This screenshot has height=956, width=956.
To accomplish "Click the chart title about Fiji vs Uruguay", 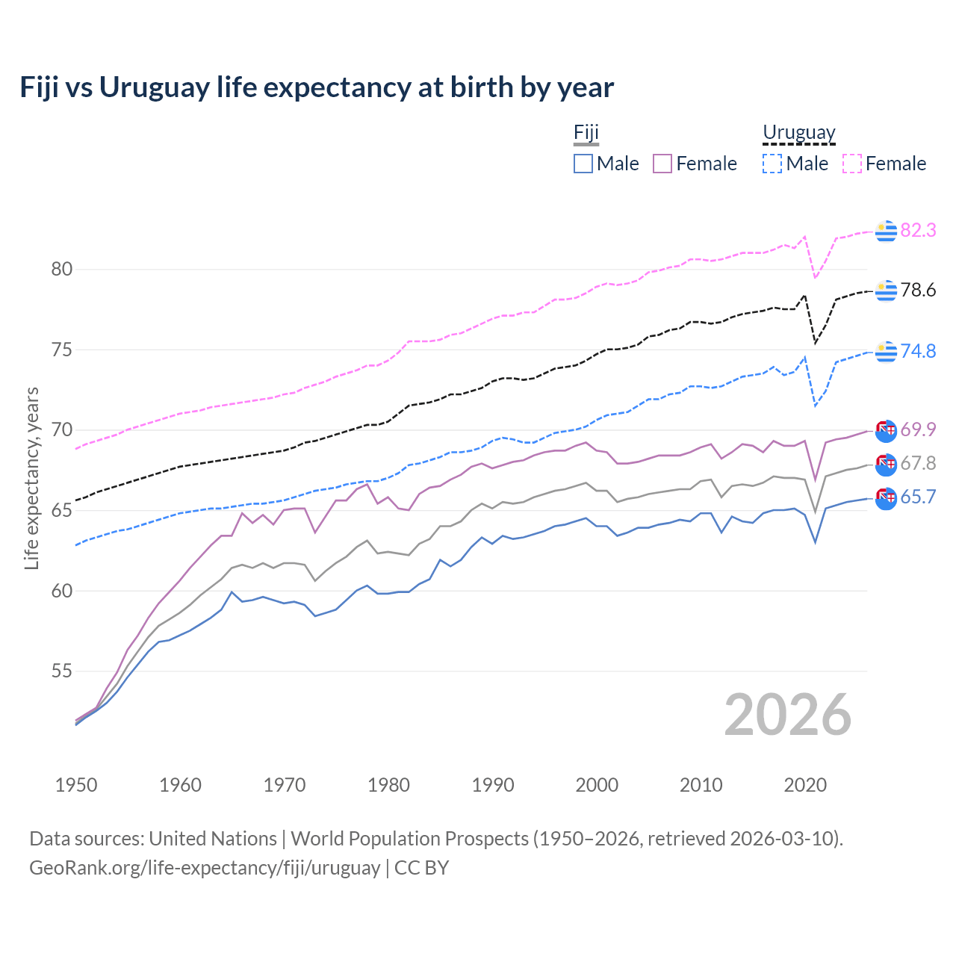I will click(317, 87).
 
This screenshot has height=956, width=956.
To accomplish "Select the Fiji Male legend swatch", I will click(583, 164).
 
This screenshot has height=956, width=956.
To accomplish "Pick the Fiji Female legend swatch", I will click(662, 164).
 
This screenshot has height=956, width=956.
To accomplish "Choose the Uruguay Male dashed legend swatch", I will click(772, 164).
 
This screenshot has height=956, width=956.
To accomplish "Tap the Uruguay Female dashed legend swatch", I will click(852, 164).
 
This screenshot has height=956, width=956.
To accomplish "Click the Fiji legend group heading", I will click(586, 133).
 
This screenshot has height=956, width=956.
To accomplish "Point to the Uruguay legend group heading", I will click(798, 133).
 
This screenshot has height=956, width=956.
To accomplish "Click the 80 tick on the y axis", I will click(62, 270).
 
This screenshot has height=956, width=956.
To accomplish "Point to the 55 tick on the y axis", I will click(62, 671).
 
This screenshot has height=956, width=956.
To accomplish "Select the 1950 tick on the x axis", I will click(76, 785).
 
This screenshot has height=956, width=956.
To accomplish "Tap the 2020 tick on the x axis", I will click(805, 785).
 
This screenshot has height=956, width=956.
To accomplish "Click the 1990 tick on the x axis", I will click(493, 785).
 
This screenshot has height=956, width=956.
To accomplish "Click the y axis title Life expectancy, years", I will click(32, 478).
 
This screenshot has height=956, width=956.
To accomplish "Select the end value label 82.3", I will click(918, 231).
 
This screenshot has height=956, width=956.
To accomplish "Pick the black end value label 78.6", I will click(918, 291).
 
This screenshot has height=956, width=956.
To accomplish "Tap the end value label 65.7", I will click(918, 497).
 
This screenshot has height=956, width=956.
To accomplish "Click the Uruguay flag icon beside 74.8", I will click(886, 351).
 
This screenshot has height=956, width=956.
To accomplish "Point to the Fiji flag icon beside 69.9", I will click(886, 431).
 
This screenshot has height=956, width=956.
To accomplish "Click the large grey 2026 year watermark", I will click(787, 715).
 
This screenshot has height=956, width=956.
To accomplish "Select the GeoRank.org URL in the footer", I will click(205, 868).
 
